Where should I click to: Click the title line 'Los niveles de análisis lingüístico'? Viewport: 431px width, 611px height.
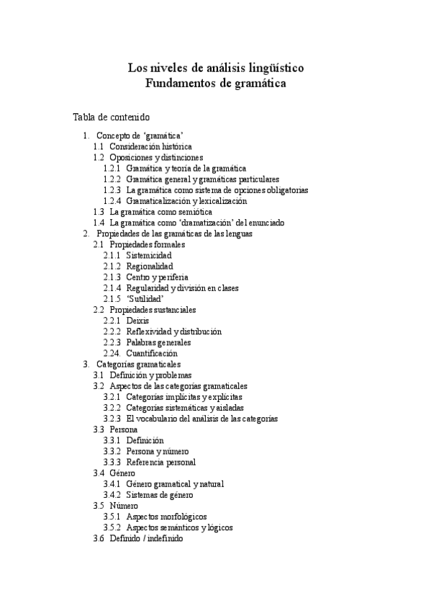215,68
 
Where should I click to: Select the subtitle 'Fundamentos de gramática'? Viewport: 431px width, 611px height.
215,84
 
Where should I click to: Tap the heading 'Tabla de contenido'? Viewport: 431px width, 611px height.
111,117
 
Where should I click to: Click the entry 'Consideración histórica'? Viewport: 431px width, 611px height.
150,146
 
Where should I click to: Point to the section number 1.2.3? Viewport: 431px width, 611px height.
112,190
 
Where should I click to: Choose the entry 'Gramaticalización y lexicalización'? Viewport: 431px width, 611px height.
186,201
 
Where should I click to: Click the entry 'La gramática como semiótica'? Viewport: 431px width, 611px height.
161,213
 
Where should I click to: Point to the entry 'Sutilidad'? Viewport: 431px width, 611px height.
145,299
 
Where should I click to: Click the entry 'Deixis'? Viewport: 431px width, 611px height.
137,321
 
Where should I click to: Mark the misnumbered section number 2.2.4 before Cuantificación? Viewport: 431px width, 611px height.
112,354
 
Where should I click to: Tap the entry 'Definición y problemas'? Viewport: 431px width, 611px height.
150,375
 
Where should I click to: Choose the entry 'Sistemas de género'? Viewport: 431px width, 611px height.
159,495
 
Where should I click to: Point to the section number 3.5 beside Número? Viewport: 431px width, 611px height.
99,506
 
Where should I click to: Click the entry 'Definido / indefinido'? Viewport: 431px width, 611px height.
146,538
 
